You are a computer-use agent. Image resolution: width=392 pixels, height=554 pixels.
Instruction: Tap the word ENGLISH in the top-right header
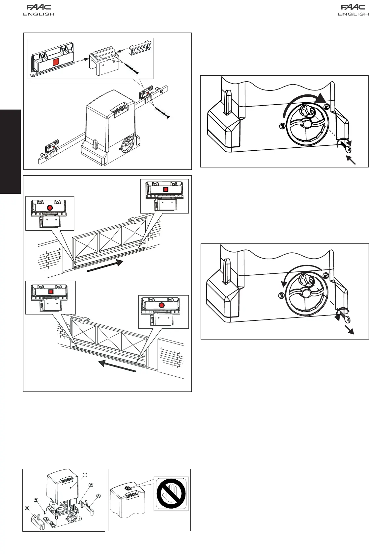tap(353, 14)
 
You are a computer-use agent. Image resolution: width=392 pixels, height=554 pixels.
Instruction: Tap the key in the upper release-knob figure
tap(345, 147)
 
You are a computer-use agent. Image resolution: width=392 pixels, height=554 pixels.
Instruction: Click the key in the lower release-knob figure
tap(344, 317)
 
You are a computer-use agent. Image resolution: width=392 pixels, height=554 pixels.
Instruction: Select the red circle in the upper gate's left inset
tap(50, 208)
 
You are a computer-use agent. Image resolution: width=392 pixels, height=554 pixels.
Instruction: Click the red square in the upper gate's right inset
tap(166, 189)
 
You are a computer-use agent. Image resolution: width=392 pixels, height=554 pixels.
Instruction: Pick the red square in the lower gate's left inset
tap(51, 292)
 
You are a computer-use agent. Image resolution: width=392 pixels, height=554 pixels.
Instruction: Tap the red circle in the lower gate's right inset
tap(161, 305)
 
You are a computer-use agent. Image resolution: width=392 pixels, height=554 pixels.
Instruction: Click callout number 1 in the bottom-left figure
tap(85, 475)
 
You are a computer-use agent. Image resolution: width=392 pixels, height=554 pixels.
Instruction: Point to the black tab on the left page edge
tap(10, 152)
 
